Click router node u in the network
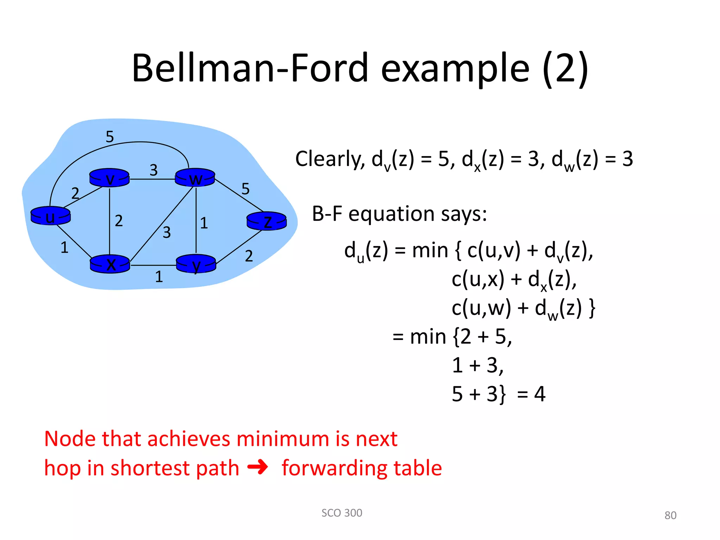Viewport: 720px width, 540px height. [50, 216]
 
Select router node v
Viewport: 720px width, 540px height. [109, 178]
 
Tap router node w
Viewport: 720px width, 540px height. [195, 178]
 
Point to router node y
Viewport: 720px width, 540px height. [196, 264]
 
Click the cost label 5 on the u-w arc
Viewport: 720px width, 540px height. [110, 137]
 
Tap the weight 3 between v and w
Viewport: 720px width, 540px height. [154, 170]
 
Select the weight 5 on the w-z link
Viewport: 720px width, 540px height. [245, 189]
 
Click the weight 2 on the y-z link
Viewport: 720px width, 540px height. [249, 256]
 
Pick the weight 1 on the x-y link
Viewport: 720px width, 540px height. [159, 277]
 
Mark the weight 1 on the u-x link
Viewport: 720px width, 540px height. [64, 247]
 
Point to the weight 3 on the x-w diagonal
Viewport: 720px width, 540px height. [167, 232]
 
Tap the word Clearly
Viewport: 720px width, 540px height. [330, 159]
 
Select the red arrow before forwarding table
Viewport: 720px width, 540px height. [258, 468]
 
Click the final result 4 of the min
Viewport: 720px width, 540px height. [540, 394]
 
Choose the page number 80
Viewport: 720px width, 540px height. [670, 515]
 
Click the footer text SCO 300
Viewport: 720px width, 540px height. [342, 513]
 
